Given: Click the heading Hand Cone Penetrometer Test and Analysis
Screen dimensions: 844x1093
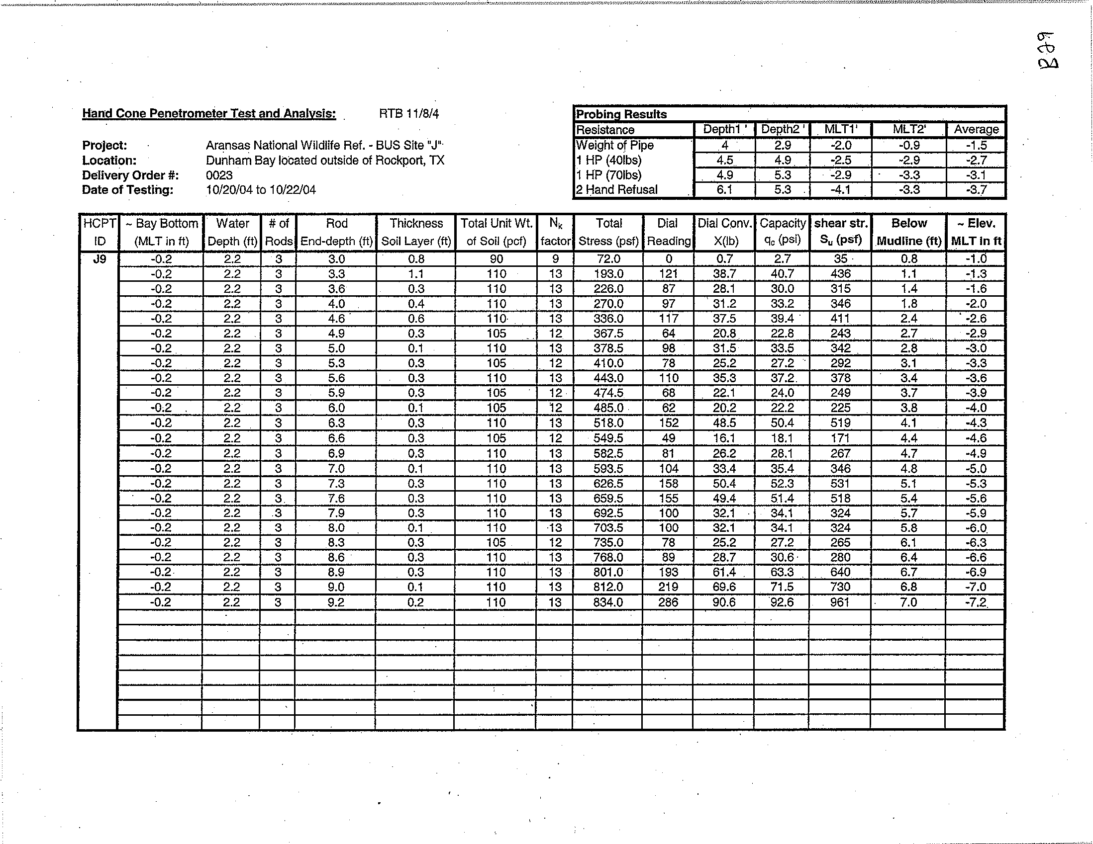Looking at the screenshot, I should click(208, 113).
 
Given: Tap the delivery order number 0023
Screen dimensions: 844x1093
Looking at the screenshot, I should click(219, 175).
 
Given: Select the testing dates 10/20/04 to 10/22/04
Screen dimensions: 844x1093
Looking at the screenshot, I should click(261, 190).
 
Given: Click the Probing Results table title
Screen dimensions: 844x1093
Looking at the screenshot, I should click(621, 114).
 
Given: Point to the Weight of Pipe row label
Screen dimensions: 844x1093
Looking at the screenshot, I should click(614, 145).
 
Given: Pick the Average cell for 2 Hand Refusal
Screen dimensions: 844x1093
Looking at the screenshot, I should click(976, 189).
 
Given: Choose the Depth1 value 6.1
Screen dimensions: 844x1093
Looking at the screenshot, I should click(724, 189).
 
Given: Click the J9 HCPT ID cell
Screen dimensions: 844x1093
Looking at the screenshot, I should click(99, 259).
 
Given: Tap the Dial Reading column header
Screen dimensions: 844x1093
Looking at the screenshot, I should click(668, 232).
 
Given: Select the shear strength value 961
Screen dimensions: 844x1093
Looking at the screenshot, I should click(840, 602).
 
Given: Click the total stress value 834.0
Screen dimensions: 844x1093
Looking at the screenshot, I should click(608, 602).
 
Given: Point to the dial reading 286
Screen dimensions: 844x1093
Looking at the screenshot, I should click(668, 602).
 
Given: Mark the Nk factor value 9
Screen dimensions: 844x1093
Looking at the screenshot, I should click(555, 259).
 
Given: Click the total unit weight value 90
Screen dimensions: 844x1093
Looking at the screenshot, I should click(496, 259).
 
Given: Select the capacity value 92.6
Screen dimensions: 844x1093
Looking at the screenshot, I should click(782, 602).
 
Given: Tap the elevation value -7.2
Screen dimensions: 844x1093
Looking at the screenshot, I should click(976, 602).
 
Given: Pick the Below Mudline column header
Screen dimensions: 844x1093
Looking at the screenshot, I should click(909, 232).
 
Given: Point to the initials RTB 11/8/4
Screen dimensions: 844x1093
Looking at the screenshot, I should click(409, 114).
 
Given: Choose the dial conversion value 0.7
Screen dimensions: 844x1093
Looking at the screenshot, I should click(724, 259).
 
